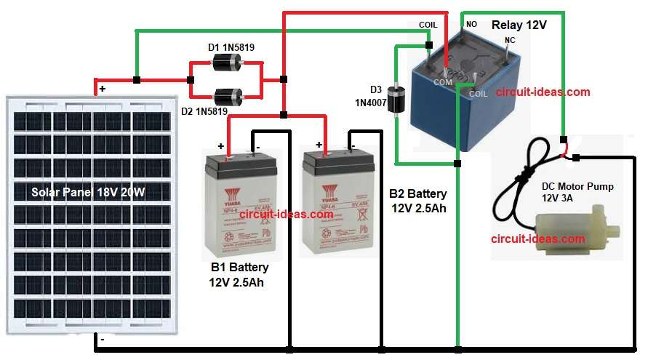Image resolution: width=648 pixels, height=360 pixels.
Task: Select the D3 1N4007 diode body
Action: coord(396,100)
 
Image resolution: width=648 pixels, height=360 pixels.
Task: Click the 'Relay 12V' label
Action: coord(519,25)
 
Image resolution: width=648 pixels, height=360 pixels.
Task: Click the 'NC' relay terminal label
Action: coord(509,41)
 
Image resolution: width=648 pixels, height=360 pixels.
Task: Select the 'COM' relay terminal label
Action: coord(444,83)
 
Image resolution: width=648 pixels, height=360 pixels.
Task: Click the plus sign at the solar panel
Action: coord(102,88)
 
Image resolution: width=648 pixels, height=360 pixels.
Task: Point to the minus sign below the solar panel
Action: coord(102,340)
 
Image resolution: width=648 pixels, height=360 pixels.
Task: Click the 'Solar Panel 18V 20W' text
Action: coord(87,193)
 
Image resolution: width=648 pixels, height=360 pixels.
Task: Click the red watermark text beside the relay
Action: coord(543,92)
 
